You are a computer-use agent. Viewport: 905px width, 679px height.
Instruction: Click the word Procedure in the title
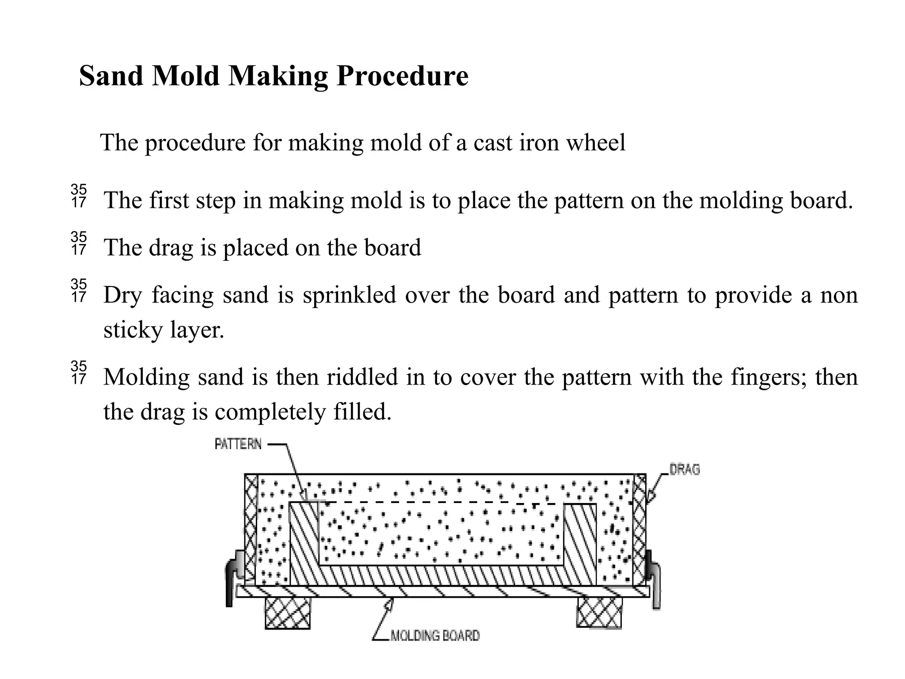coord(402,76)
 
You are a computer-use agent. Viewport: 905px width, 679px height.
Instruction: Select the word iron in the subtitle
coord(538,143)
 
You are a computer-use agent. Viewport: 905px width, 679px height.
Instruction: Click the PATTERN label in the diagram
coord(238,444)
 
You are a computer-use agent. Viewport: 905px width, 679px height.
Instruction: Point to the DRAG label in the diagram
coord(684,469)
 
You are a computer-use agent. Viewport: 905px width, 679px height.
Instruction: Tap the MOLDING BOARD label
coord(435,636)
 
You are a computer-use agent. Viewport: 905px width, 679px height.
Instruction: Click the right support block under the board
coord(599,612)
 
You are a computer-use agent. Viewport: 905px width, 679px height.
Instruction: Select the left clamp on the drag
coord(233,577)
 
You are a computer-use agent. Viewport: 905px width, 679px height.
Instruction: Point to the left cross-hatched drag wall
coord(251,528)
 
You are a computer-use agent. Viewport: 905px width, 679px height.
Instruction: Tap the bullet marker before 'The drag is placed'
coord(79,244)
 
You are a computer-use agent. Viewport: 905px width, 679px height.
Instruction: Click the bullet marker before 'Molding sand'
coord(79,373)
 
